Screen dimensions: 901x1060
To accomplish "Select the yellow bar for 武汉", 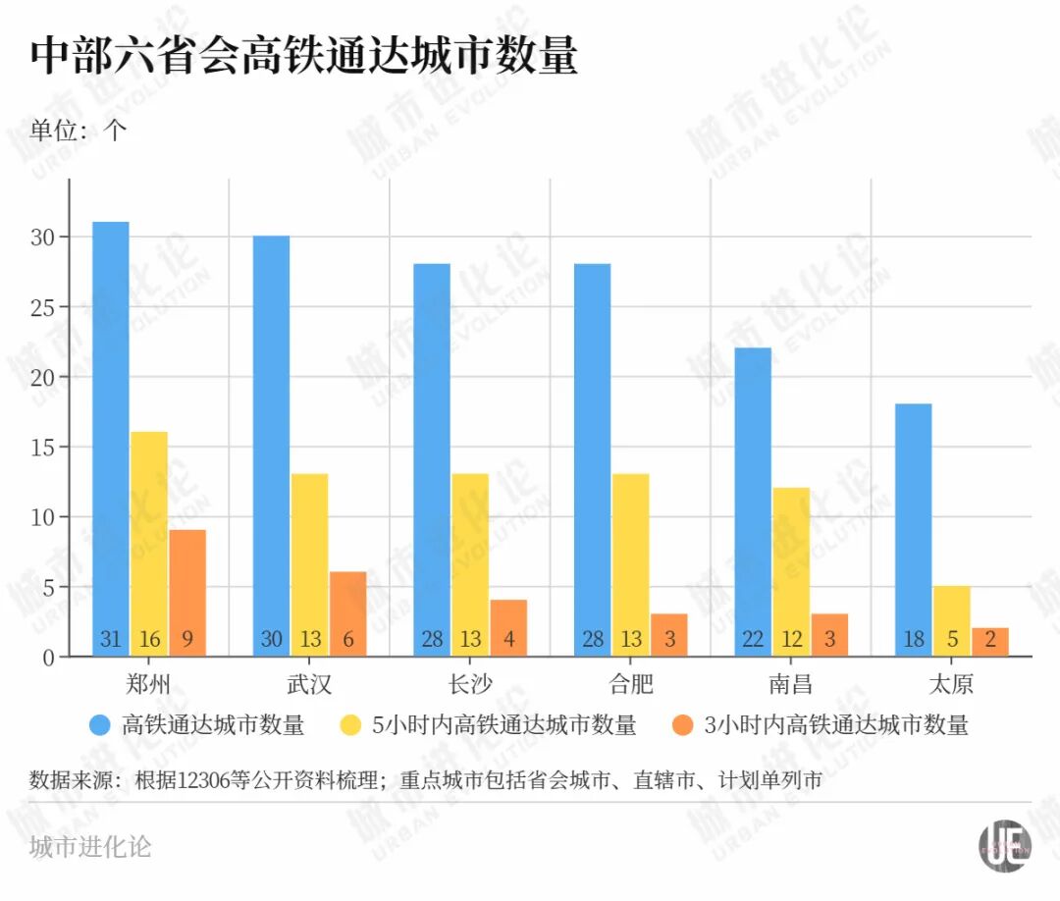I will (x=310, y=564).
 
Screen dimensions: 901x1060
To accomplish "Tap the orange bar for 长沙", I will (x=508, y=627).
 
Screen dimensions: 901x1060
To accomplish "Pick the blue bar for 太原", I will (x=914, y=530).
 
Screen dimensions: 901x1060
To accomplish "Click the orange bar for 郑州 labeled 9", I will (x=187, y=593).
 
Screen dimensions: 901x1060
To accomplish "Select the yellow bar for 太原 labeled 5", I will (x=952, y=620).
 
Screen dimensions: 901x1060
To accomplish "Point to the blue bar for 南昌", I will (x=753, y=502).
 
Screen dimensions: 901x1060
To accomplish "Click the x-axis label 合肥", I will (x=630, y=684).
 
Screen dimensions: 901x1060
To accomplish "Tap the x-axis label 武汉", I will (x=309, y=684).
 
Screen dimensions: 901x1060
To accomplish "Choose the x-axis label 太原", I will (x=952, y=684).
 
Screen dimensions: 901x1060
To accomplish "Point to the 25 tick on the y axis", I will (x=43, y=307).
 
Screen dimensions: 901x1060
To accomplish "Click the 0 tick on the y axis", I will (x=49, y=657).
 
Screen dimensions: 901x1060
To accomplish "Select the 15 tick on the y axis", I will (x=43, y=448).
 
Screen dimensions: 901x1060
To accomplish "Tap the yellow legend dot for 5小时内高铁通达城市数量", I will (x=351, y=726).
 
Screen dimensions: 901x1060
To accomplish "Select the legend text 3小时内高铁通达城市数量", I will (x=836, y=726).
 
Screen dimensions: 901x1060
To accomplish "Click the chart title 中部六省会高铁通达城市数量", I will (x=304, y=56).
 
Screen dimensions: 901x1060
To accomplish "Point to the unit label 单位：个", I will (x=79, y=131).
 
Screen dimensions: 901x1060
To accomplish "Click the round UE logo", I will (x=1003, y=844).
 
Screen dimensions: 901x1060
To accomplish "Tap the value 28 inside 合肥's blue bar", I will (x=592, y=640).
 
